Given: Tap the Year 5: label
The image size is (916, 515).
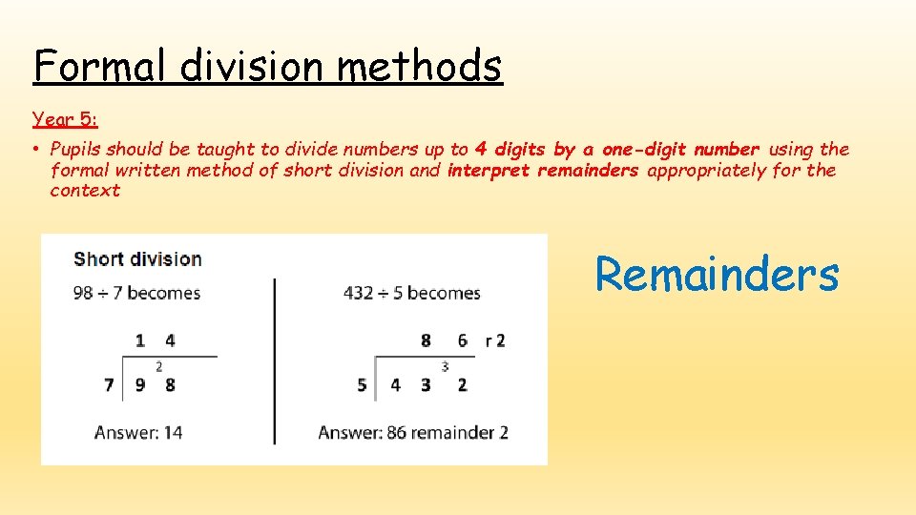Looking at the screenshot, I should coord(64,119).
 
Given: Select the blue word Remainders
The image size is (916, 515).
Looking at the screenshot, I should coord(717,275).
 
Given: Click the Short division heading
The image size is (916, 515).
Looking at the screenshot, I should coord(137,258).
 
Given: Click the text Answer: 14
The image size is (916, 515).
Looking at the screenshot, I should coord(138,433).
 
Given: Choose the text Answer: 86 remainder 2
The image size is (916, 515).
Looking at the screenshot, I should coord(413,433).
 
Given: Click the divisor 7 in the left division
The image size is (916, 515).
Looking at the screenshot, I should coord(109,385).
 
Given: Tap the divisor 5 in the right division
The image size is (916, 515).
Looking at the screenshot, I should coord(362,385).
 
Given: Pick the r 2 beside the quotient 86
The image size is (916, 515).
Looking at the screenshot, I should coord(495,340).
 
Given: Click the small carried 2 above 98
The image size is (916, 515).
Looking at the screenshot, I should coord(158,366).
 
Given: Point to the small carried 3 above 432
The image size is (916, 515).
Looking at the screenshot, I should coord(445,366).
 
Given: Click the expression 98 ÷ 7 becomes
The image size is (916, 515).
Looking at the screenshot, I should coord(136,293).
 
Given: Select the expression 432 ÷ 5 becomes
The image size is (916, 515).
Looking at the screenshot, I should coord(411,293).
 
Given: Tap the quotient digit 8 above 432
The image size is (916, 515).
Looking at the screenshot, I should coord(426,340).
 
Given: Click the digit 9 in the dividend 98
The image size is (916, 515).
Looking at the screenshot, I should coord(139,385).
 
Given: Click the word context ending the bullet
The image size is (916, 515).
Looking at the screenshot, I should coord(85,191).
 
